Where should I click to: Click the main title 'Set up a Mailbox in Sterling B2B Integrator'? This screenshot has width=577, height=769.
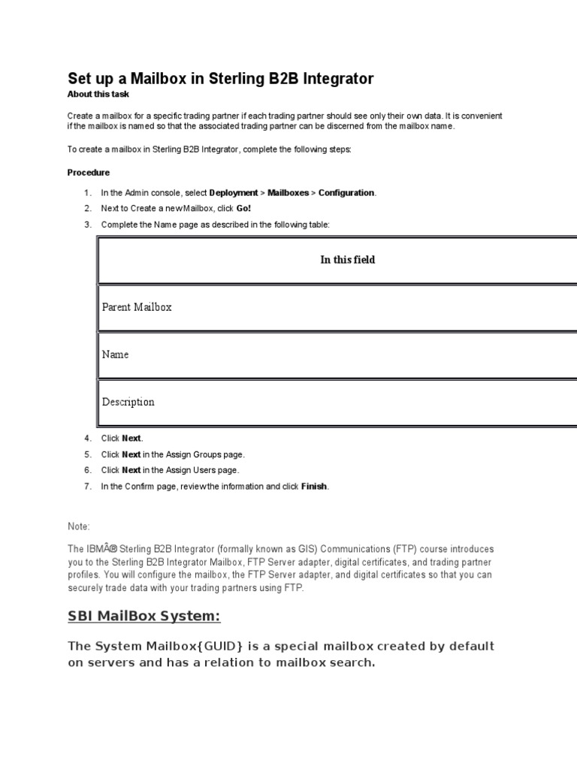tap(220, 79)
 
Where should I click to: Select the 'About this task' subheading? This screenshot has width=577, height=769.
tap(98, 95)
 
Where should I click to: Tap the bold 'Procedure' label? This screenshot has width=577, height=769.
tap(89, 173)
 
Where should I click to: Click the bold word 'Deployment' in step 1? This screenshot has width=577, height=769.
tap(234, 193)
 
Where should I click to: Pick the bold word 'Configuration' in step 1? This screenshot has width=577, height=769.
tap(346, 193)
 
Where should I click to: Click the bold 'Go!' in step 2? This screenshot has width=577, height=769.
tap(243, 209)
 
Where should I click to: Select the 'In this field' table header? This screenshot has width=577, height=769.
tap(347, 260)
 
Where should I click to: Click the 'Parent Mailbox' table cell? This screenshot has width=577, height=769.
tap(137, 307)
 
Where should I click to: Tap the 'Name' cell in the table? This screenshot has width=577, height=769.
tap(115, 354)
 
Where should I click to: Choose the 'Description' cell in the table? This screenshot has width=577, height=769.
tap(128, 402)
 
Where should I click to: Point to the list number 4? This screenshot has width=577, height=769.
tap(87, 439)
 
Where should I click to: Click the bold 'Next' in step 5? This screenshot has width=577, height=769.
tap(131, 454)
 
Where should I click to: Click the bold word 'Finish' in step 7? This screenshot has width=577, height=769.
tap(314, 487)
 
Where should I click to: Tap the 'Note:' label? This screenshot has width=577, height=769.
tap(79, 527)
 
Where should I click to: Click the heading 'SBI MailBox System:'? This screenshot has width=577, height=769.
tap(144, 617)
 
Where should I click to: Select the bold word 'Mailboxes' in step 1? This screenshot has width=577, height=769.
tap(288, 193)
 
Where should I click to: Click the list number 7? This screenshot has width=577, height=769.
tap(87, 487)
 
